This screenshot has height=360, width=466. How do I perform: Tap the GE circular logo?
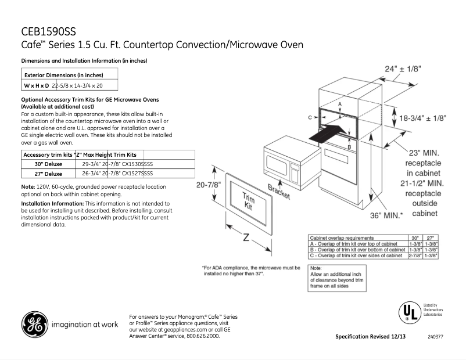tap(35, 325)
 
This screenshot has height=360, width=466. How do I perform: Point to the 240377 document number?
tap(435, 336)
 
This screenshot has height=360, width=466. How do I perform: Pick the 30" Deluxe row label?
tap(49, 164)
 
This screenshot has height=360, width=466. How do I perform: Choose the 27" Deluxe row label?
tap(49, 172)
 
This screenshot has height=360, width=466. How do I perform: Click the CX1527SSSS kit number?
tap(137, 172)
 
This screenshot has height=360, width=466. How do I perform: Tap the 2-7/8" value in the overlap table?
tap(415, 255)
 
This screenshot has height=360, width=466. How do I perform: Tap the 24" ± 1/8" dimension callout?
tap(403, 69)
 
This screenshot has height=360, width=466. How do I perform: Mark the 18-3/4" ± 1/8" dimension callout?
tap(422, 117)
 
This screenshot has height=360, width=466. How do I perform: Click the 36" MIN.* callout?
tap(386, 215)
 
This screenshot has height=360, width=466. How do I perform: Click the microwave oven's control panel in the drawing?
tap(296, 169)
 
